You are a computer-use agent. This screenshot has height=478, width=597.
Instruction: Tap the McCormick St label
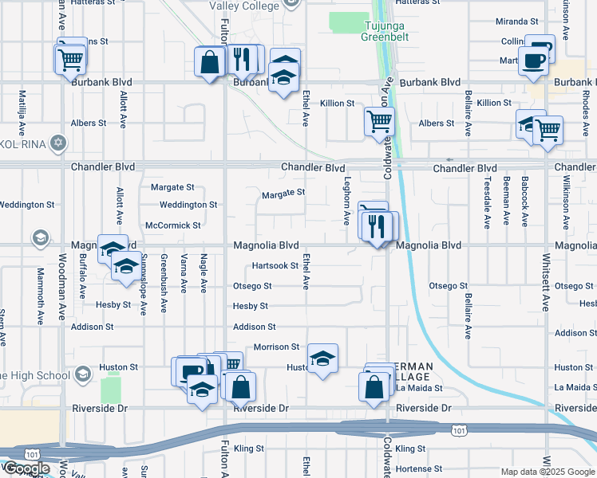pos(173,225)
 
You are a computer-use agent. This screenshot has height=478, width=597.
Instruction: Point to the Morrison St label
pos(276,347)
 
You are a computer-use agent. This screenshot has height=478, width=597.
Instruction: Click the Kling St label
pos(249,449)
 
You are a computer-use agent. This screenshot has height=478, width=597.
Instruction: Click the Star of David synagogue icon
pos(57,143)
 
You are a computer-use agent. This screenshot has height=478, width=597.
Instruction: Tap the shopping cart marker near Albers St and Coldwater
pos(379,121)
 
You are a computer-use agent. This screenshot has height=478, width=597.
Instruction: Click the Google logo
pos(26,469)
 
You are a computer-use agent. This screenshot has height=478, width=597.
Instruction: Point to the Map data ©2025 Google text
pos(547,472)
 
